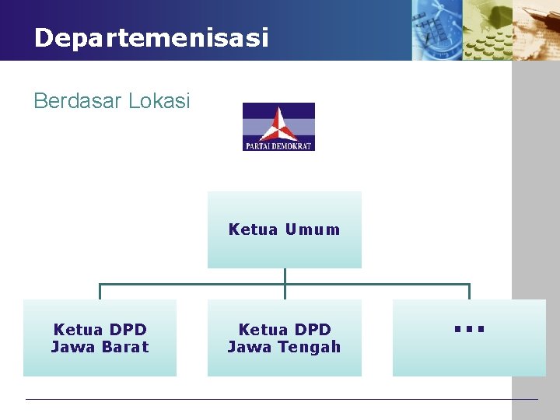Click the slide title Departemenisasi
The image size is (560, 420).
pyautogui.click(x=151, y=37)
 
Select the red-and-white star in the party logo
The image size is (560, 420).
pyautogui.click(x=278, y=124)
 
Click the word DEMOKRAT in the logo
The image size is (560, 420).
pyautogui.click(x=295, y=145)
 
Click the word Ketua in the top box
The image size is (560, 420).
pyautogui.click(x=253, y=229)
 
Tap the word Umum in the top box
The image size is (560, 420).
pyautogui.click(x=313, y=229)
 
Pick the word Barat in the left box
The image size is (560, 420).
pyautogui.click(x=125, y=347)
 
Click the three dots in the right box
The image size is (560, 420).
pyautogui.click(x=469, y=330)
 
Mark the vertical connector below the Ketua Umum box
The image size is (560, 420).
pyautogui.click(x=285, y=276)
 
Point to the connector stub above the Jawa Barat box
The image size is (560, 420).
pyautogui.click(x=100, y=292)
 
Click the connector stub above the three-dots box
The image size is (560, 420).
pyautogui.click(x=469, y=292)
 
